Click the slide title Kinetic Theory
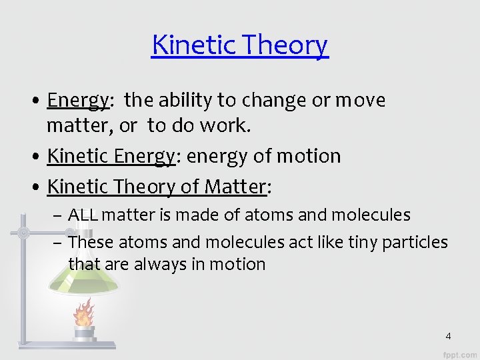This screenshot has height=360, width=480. (x=240, y=45)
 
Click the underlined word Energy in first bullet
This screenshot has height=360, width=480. (x=78, y=100)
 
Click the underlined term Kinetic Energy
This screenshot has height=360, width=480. (x=111, y=156)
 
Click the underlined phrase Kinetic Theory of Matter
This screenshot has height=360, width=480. (x=157, y=187)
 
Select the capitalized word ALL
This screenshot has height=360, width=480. (x=83, y=215)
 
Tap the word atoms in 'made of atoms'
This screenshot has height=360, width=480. (x=267, y=215)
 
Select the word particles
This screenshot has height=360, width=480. (x=417, y=241)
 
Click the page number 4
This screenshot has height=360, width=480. (x=448, y=336)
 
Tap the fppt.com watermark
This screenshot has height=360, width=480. (x=459, y=353)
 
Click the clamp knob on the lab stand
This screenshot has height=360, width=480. (x=23, y=233)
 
